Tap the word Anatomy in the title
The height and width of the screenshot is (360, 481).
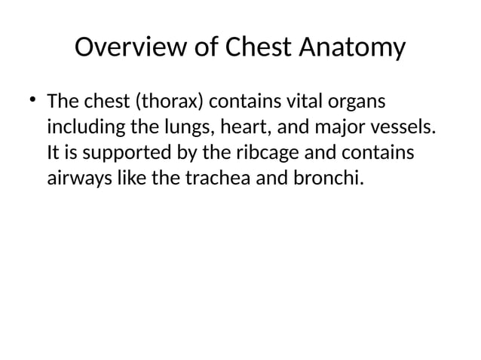tap(352, 48)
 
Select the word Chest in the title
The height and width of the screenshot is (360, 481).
tap(258, 48)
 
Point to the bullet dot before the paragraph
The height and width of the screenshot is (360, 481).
tap(32, 100)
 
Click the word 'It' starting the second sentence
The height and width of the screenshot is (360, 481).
tap(54, 153)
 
